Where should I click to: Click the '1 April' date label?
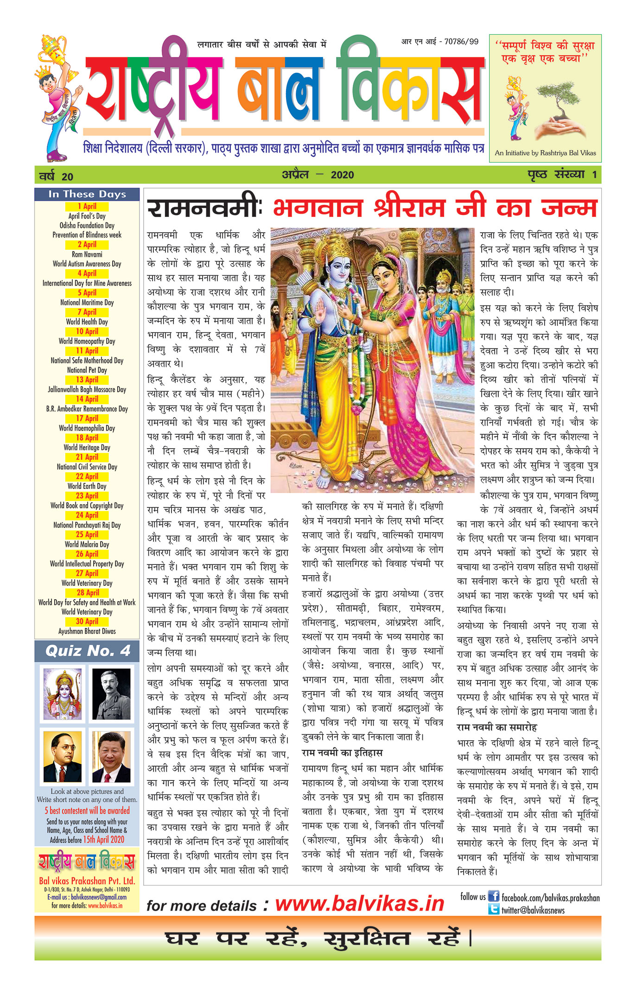(x=87, y=206)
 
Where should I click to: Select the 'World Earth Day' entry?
(x=87, y=486)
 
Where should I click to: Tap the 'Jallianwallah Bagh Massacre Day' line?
(x=87, y=389)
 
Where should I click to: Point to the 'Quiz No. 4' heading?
(x=88, y=651)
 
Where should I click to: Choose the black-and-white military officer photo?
(x=111, y=694)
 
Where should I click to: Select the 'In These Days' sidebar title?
(x=87, y=194)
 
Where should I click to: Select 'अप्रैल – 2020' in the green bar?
(x=318, y=175)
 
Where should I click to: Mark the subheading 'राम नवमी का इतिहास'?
(x=342, y=753)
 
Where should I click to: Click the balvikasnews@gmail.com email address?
(x=99, y=897)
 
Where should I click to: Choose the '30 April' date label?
(x=87, y=621)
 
